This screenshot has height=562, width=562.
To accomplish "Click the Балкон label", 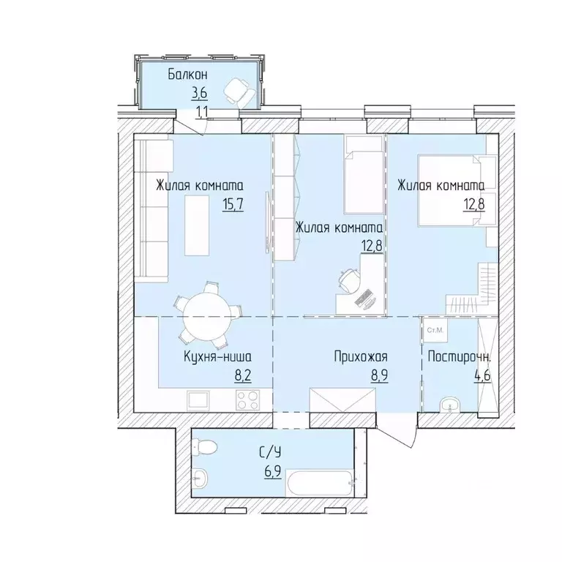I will (x=188, y=74).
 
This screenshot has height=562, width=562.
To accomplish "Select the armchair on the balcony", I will (x=239, y=91).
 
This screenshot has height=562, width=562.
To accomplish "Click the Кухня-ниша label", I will (x=218, y=358).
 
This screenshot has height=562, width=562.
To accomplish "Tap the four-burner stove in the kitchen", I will (x=247, y=400).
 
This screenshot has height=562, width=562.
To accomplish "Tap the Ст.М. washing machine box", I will (x=437, y=331).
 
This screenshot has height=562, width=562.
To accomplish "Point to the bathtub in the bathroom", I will (x=315, y=484).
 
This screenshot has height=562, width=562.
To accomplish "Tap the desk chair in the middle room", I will (x=349, y=280).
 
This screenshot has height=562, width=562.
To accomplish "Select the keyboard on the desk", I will (x=364, y=297).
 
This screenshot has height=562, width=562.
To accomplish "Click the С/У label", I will (x=269, y=452).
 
